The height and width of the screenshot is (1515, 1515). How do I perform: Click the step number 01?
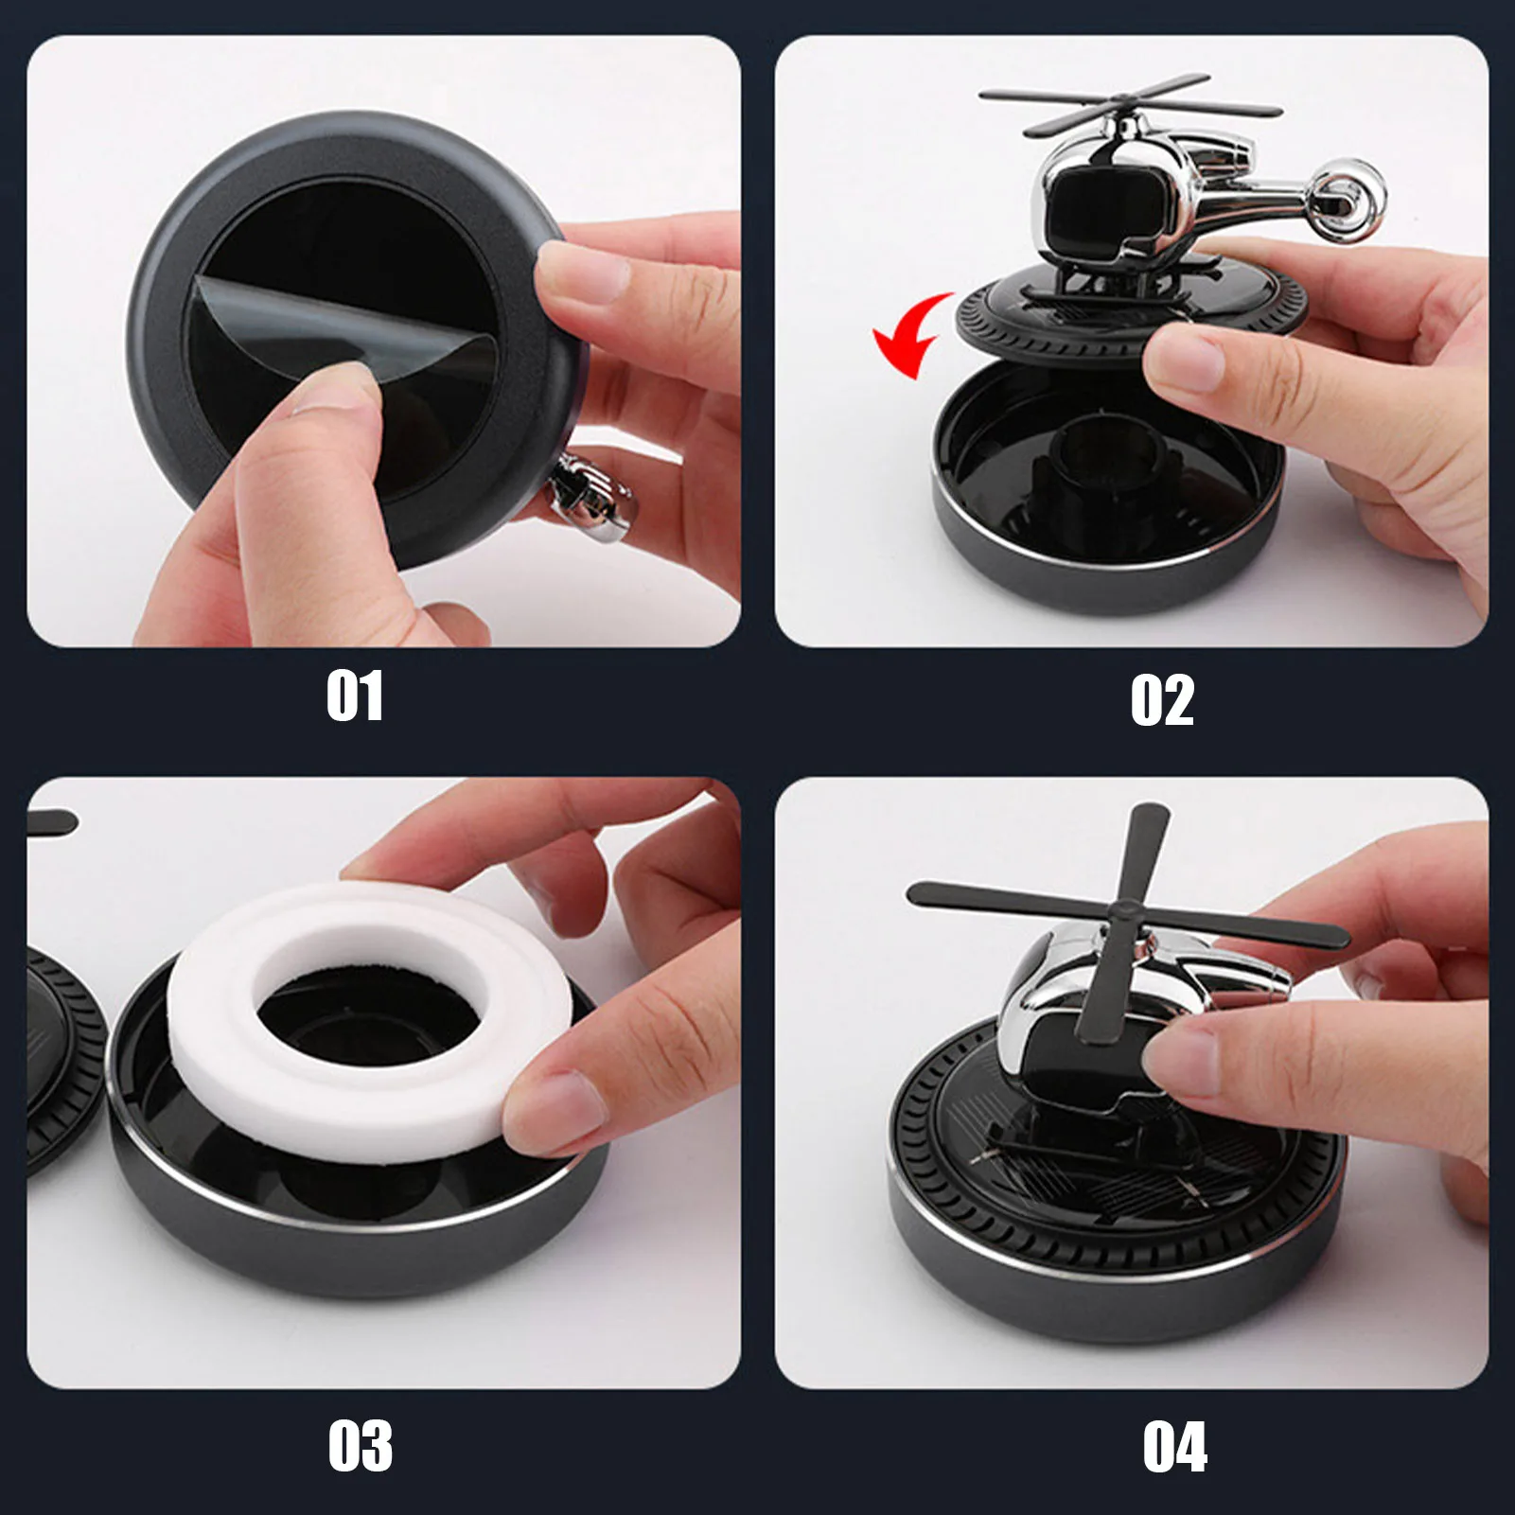pos(355,696)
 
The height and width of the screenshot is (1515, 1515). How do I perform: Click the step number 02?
pos(1162,700)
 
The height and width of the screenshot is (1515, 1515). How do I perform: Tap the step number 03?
pos(360,1446)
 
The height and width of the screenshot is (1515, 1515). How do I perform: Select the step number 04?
pos(1174,1447)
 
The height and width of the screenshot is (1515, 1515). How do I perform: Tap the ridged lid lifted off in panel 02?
pos(1126,308)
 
